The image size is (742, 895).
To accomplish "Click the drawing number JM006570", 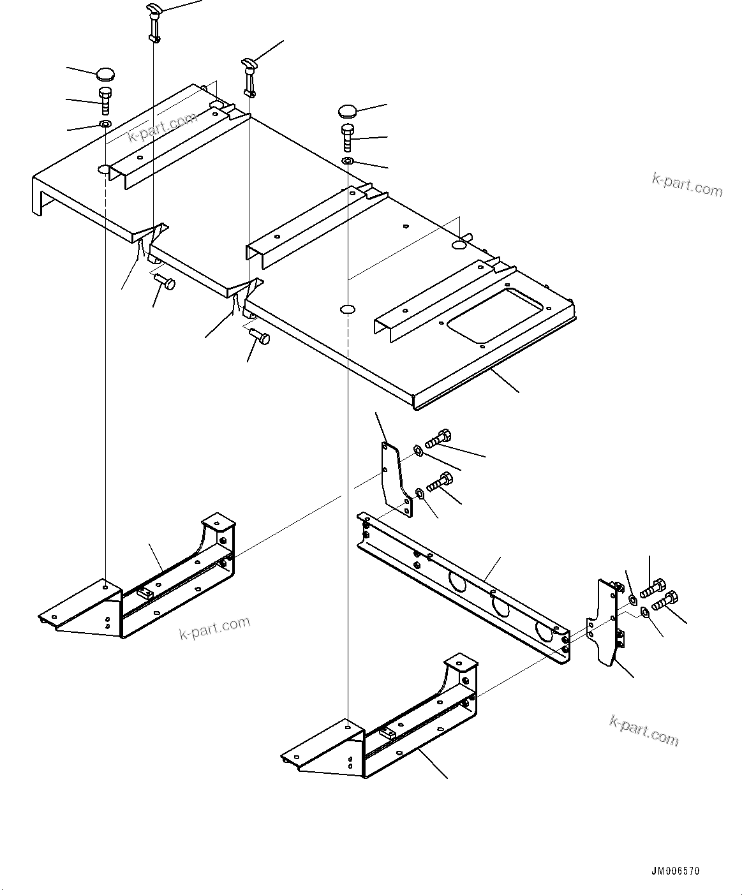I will tap(676, 871).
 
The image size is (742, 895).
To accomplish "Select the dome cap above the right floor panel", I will tap(348, 111).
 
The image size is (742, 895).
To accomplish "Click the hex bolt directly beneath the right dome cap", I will tap(347, 137).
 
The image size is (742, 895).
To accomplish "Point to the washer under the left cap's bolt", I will tap(105, 123).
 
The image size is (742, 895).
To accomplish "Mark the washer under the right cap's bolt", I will tap(347, 160).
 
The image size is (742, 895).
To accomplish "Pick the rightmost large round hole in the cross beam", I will tap(544, 630).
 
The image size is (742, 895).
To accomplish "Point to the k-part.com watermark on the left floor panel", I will tap(162, 128).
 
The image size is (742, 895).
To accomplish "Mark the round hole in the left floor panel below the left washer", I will tap(105, 170).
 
